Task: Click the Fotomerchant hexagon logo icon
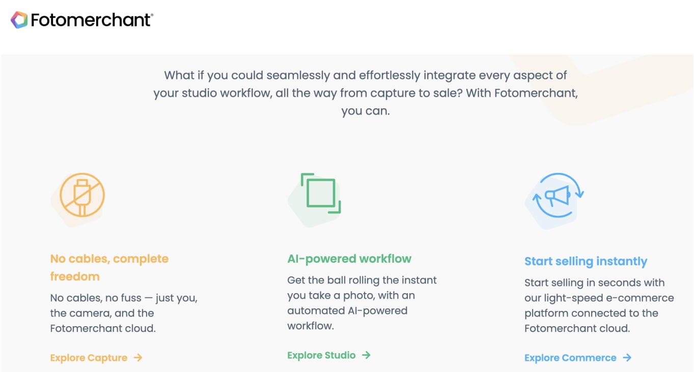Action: (x=19, y=20)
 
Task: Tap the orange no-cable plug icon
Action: (x=82, y=196)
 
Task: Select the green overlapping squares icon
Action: (x=321, y=194)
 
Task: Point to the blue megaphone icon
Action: (x=557, y=195)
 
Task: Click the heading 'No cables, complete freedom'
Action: (x=109, y=267)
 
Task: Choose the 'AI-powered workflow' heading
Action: (x=349, y=259)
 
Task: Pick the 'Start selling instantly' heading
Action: (x=586, y=262)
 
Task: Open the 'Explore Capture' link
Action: (x=89, y=358)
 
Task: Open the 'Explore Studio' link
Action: (x=321, y=355)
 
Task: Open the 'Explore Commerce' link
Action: (x=570, y=358)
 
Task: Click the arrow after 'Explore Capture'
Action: (x=138, y=358)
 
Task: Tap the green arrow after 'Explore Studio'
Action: (x=366, y=355)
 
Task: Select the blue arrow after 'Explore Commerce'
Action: (x=627, y=358)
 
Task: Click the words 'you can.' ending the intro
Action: (x=365, y=111)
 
